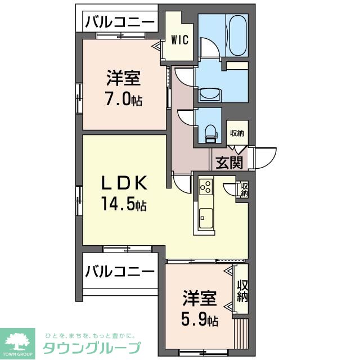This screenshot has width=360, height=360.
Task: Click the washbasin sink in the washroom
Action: pyautogui.click(x=210, y=93)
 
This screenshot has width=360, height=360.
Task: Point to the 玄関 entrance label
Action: pyautogui.click(x=229, y=163)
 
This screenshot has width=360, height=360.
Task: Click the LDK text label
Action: pyautogui.click(x=124, y=183)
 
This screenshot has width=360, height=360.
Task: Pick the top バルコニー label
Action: pyautogui.click(x=120, y=22)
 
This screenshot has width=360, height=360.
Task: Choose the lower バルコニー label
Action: pyautogui.click(x=120, y=271)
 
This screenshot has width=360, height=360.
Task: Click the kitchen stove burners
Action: pyautogui.click(x=205, y=185)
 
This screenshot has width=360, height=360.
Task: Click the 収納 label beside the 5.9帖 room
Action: pyautogui.click(x=242, y=291)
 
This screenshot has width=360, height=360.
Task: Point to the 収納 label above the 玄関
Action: pyautogui.click(x=237, y=133)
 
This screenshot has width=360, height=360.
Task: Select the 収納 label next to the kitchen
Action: pyautogui.click(x=244, y=189)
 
